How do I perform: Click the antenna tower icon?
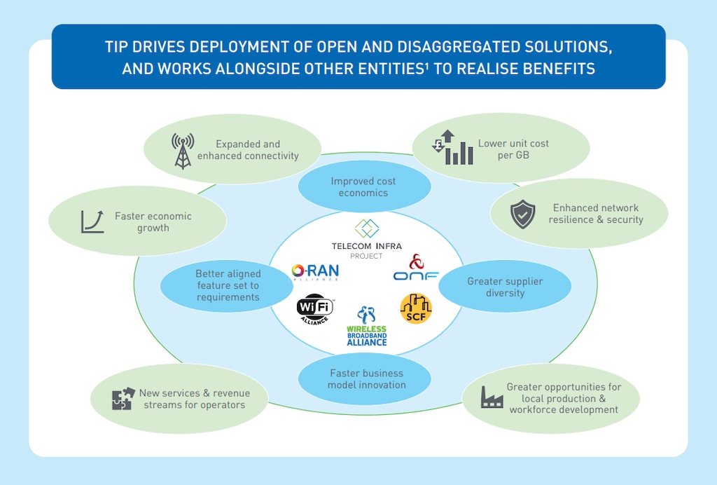[x=183, y=151]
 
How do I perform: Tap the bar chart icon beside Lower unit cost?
[x=452, y=148]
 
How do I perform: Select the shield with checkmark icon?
[x=523, y=215]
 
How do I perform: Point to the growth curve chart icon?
[x=92, y=221]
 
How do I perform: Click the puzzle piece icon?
[x=123, y=399]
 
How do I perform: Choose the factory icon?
[x=492, y=397]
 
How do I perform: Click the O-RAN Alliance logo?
[x=315, y=272]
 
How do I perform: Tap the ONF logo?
[x=416, y=268]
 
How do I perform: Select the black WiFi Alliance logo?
[x=315, y=308]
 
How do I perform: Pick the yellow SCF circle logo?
[x=416, y=308]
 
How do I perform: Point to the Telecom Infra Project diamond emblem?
[x=366, y=228]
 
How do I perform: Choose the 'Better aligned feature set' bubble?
[x=228, y=285]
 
